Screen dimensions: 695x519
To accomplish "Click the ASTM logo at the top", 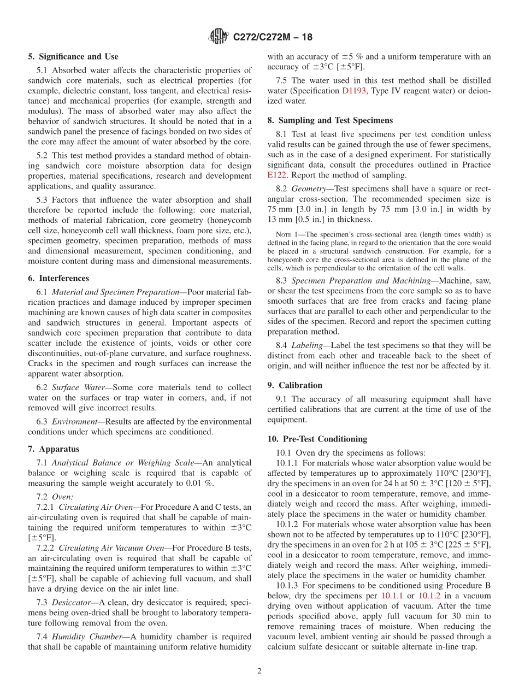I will [219, 37].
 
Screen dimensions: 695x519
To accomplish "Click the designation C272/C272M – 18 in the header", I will [273, 38].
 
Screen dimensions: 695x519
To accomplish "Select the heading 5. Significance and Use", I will [73, 56].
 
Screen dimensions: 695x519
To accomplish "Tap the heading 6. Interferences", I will [58, 278].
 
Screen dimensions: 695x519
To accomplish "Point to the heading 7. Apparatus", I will [54, 449].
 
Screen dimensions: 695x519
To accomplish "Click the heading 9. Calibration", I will [295, 385].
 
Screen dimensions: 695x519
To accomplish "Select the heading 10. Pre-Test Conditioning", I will [317, 439].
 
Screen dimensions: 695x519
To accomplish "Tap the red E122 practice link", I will [277, 175].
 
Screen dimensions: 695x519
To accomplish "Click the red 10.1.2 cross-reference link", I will [429, 596].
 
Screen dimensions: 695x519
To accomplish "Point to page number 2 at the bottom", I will [259, 672].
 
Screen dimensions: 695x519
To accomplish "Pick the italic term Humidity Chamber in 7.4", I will [86, 637].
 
